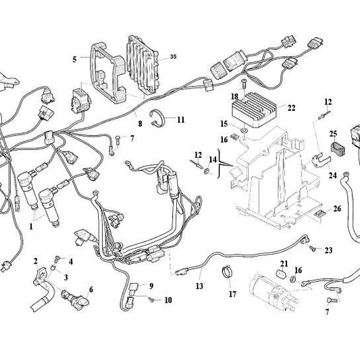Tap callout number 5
click(74, 59)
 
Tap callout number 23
click(329, 251)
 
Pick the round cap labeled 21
click(280, 276)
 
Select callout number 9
click(151, 286)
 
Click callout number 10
click(168, 299)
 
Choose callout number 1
click(30, 227)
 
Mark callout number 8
click(139, 124)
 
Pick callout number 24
click(333, 175)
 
